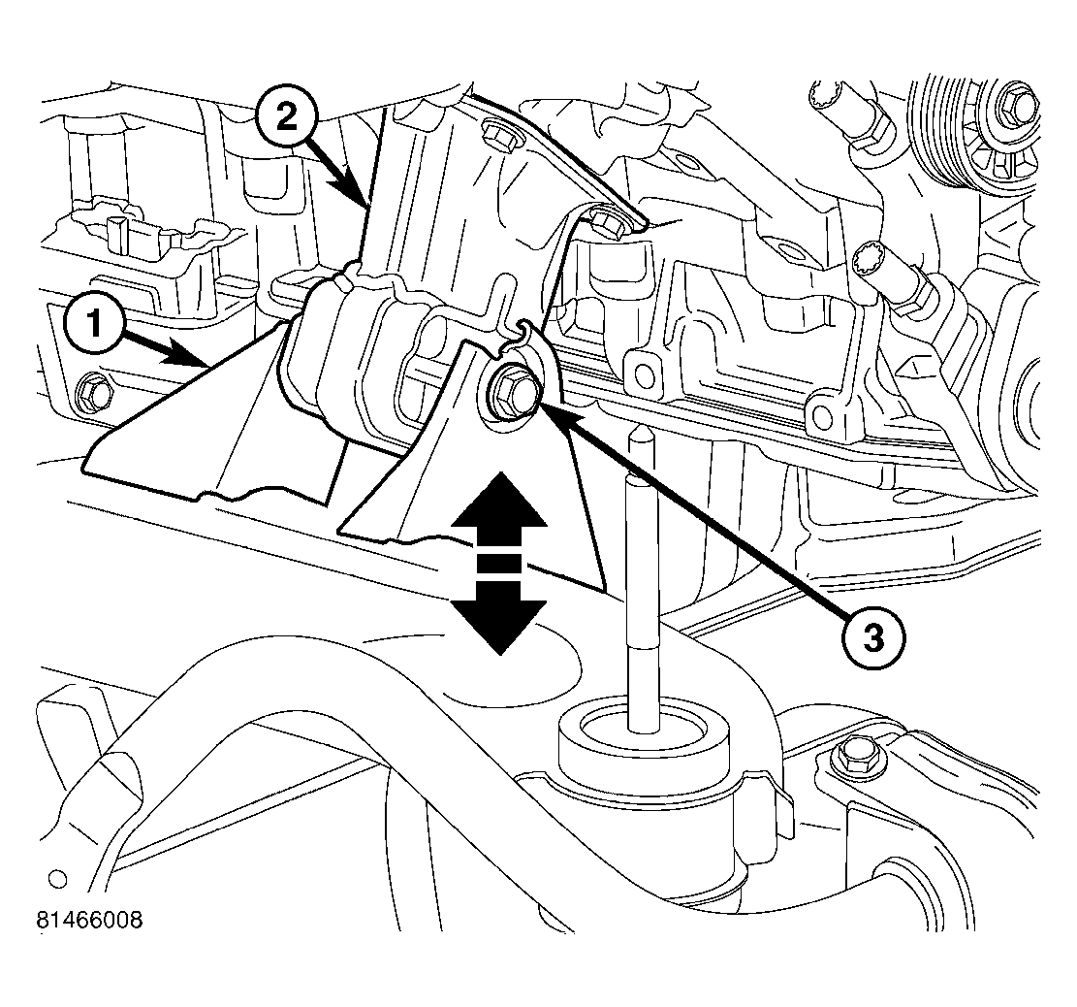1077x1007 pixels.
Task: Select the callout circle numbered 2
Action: [x=287, y=117]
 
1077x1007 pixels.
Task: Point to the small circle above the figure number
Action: [x=57, y=879]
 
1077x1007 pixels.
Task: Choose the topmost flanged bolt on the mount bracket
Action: [x=501, y=131]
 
